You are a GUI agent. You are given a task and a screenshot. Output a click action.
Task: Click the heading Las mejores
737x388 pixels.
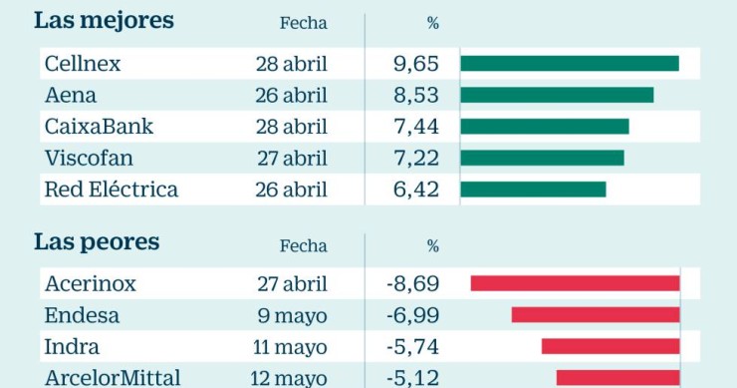click(104, 21)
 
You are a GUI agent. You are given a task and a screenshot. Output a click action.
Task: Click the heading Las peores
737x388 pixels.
click(97, 242)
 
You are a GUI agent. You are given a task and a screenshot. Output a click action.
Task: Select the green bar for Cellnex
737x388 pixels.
click(569, 64)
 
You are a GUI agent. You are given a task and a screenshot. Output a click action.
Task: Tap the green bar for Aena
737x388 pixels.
click(557, 95)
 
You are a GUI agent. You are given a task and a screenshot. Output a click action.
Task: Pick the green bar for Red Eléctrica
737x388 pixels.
click(533, 190)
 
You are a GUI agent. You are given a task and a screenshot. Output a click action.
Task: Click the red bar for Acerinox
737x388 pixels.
click(575, 284)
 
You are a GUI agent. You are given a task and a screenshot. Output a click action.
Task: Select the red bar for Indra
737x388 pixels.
click(611, 346)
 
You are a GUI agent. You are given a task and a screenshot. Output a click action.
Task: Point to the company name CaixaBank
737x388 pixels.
click(99, 127)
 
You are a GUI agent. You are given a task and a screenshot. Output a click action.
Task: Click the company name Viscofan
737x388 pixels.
click(89, 159)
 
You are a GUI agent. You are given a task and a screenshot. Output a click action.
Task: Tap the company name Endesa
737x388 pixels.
click(82, 315)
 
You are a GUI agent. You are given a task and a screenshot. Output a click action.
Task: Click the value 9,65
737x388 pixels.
click(416, 64)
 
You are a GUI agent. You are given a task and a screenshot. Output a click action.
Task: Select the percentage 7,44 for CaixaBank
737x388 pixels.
click(416, 127)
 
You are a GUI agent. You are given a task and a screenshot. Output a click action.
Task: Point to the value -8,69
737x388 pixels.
click(412, 284)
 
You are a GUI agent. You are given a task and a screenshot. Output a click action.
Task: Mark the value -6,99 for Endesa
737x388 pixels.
click(412, 315)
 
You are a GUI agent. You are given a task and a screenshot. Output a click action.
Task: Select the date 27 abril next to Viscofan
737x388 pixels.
click(291, 159)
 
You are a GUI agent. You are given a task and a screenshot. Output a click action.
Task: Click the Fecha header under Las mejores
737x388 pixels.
click(303, 23)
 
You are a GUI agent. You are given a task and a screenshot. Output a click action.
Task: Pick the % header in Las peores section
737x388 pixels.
click(432, 245)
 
